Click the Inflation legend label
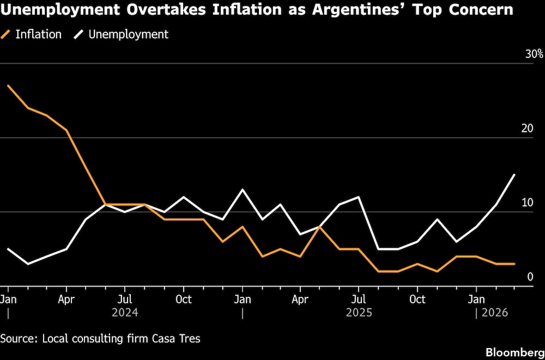click(38, 34)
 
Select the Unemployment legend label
click(128, 34)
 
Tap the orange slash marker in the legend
click(7, 34)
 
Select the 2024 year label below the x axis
click(125, 313)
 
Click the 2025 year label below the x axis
click(359, 313)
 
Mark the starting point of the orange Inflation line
click(8, 86)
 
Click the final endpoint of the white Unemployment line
click(514, 175)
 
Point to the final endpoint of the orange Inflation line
click(514, 264)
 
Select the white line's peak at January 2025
click(243, 190)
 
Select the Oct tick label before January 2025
click(184, 300)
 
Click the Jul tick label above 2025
click(359, 300)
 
